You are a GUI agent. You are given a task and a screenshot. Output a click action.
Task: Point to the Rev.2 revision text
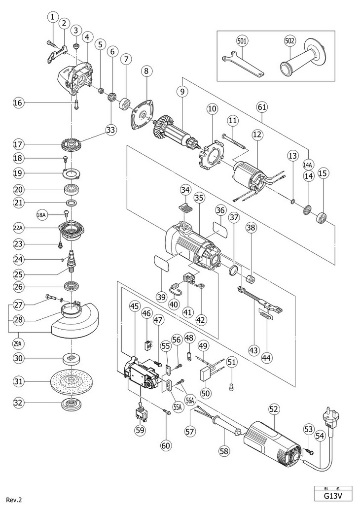14,500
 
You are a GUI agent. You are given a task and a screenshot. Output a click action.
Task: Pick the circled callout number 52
274,408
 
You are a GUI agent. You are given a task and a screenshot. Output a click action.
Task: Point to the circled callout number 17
18,144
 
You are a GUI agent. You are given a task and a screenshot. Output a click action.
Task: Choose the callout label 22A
18,227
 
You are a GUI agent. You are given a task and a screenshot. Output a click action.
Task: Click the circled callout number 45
134,306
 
